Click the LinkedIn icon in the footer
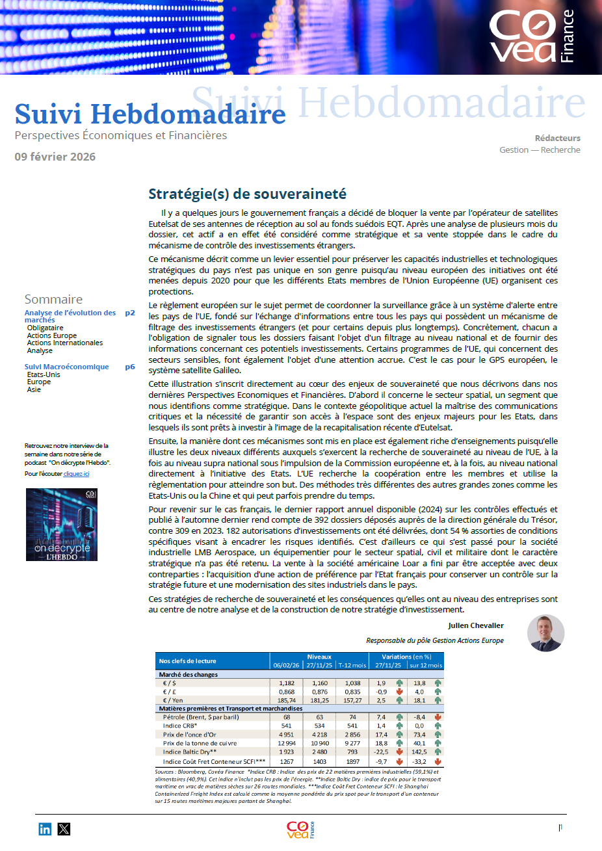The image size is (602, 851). point(45,829)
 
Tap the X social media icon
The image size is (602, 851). point(64,829)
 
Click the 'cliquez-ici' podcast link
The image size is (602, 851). point(76,474)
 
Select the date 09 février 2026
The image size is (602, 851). point(55,157)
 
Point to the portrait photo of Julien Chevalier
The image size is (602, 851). point(545,633)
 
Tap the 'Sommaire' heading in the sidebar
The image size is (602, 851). point(53,299)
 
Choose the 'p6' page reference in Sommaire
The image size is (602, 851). point(130,367)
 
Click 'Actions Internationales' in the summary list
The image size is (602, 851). point(65,343)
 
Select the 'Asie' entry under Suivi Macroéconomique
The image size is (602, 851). point(34,389)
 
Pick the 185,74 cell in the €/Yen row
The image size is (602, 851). point(287,700)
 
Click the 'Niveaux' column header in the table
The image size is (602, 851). point(319,657)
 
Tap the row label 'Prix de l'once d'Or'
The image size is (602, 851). point(190,735)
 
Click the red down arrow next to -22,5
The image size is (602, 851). point(399,752)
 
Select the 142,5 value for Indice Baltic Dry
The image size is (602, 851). point(419,752)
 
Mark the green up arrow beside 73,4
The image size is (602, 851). point(438,735)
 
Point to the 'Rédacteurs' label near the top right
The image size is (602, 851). point(557,138)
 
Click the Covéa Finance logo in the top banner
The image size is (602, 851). point(532,36)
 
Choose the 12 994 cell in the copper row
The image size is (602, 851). point(287,743)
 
